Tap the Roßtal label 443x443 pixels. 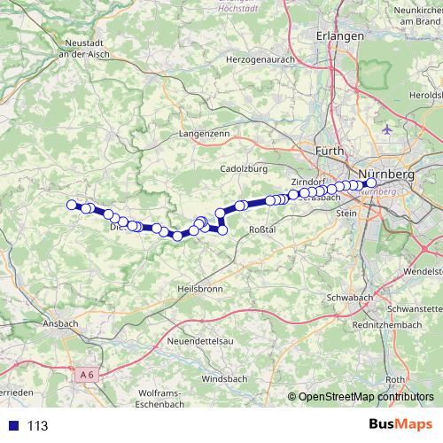(x=265, y=229)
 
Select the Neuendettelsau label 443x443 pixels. (x=207, y=341)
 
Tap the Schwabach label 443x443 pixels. (x=349, y=296)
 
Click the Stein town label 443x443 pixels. (x=346, y=213)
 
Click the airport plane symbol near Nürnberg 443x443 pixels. (x=385, y=129)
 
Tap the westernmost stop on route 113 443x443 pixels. (x=72, y=205)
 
